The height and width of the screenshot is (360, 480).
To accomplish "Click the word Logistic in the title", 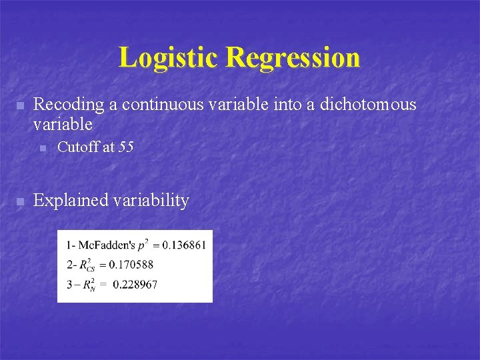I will pyautogui.click(x=169, y=57).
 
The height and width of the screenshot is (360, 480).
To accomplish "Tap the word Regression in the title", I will pyautogui.click(x=293, y=57).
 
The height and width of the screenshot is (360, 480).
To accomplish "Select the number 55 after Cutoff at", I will pyautogui.click(x=125, y=147).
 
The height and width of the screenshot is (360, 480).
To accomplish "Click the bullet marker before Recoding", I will pyautogui.click(x=20, y=105).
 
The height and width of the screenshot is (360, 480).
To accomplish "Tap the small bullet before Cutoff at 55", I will pyautogui.click(x=43, y=148).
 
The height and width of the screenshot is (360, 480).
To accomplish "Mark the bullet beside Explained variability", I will pyautogui.click(x=20, y=201).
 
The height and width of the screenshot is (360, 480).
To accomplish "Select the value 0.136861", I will pyautogui.click(x=183, y=245).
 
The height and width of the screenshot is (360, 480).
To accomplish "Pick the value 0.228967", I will pyautogui.click(x=135, y=285).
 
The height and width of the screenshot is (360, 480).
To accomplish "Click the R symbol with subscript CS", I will pyautogui.click(x=85, y=265).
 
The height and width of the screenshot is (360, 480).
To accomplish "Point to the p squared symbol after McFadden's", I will pyautogui.click(x=144, y=244).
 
